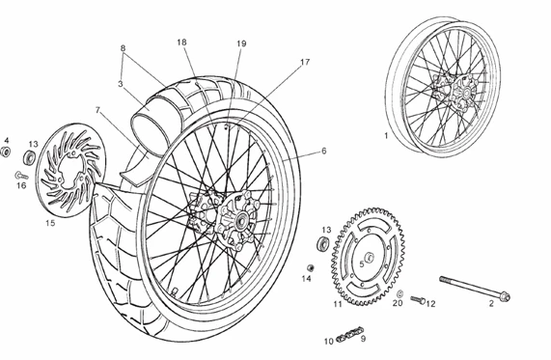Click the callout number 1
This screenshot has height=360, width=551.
(387, 136)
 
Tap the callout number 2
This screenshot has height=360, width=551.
(490, 303)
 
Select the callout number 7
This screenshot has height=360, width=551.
(98, 109)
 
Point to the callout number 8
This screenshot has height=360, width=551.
(123, 47)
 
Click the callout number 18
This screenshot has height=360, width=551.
(181, 42)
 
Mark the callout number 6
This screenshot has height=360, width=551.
(324, 151)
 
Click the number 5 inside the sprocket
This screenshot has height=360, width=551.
(362, 263)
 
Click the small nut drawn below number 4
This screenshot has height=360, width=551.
(5, 152)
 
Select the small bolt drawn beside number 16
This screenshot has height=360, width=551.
(18, 175)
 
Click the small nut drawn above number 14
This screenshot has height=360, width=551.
(309, 266)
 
